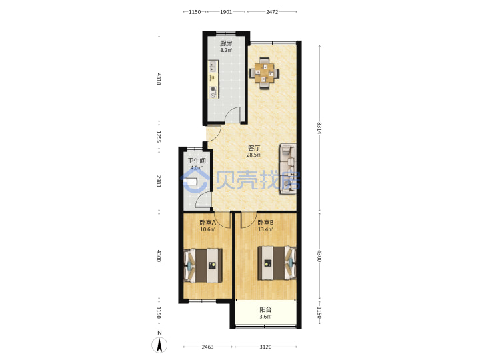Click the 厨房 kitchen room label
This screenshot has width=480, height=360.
pos(226,43)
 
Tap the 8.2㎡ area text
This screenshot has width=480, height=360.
pos(226,50)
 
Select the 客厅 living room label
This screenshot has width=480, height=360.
pos(254,148)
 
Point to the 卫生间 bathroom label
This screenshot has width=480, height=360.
pos(197,161)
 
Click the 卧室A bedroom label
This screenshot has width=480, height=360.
pos(207,223)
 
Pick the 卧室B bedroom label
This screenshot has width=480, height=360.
pos(265,223)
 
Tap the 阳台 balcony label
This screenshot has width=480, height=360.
pos(265,310)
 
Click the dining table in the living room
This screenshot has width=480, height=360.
pos(264,73)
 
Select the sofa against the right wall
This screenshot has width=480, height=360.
pos(288,169)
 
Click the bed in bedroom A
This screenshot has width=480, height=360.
pos(203,265)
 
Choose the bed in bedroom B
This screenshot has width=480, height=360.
pos(277,263)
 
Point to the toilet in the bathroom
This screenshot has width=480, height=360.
pos(191,182)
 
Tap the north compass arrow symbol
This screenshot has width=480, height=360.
pos(159,345)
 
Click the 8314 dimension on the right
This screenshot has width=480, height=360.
pos(319,128)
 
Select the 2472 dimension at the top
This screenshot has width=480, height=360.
pos(272,12)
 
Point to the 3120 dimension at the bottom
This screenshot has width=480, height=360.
pos(265,347)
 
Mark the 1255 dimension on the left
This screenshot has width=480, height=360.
pos(159,137)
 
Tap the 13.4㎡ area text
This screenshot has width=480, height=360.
pos(265,229)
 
